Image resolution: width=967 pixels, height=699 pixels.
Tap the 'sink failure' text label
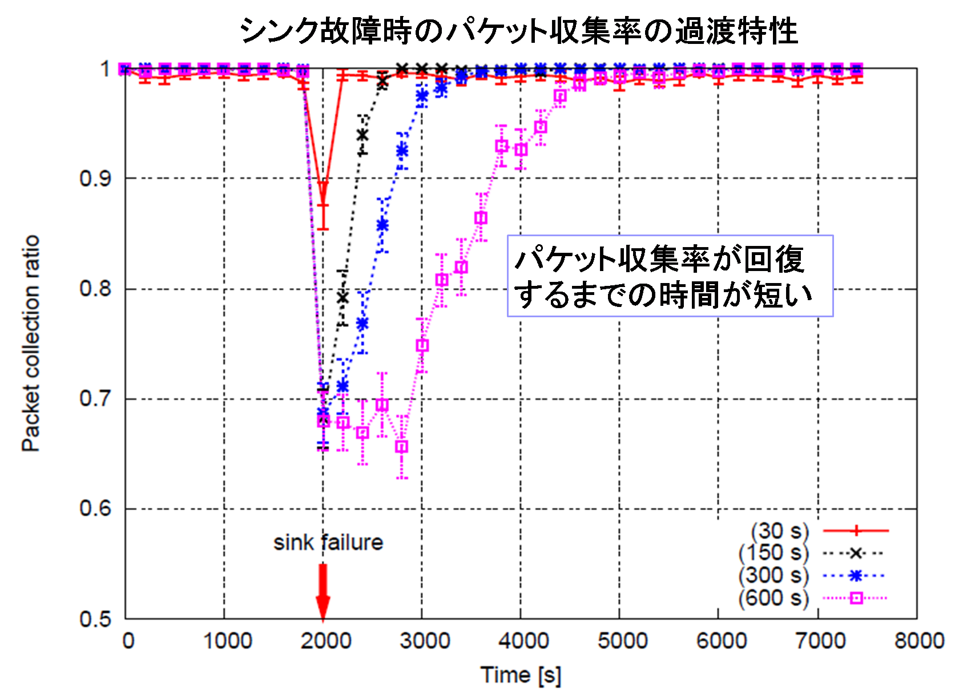point(328,543)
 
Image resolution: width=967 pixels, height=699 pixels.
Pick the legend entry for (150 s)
point(811,553)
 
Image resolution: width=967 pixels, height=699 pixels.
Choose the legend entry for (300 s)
point(811,576)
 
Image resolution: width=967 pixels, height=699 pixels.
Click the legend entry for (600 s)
point(811,599)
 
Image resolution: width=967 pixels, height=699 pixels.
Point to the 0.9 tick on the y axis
point(95,179)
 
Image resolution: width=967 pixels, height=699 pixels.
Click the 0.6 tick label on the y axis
point(95,508)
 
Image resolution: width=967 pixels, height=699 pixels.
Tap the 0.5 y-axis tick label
point(95,619)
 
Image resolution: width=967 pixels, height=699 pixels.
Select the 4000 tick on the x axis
point(521,641)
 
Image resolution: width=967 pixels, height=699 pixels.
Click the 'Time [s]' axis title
point(521,675)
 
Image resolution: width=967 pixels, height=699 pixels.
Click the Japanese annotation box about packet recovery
point(670,276)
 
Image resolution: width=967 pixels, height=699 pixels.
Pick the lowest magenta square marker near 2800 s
point(402,447)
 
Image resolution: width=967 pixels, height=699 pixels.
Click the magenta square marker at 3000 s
point(422,346)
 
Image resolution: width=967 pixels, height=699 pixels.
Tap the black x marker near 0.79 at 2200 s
point(343,298)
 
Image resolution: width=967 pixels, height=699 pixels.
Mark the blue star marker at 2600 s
point(382,225)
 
